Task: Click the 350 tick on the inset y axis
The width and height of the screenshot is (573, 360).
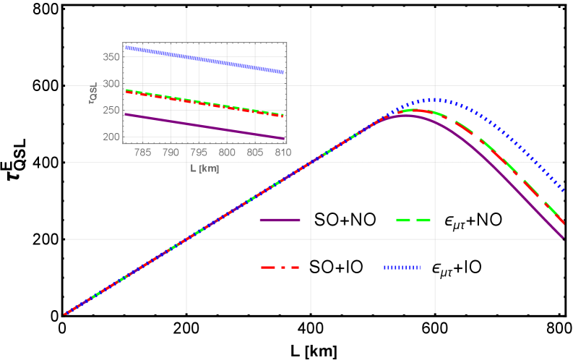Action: [x=111, y=57]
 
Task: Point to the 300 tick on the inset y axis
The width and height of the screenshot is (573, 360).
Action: [x=111, y=84]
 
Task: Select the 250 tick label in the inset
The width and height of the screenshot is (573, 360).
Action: [x=111, y=111]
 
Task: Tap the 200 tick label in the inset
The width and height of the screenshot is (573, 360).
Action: [x=111, y=137]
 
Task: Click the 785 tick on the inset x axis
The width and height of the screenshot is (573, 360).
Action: [x=143, y=153]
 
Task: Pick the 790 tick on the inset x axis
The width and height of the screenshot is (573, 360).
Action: [x=171, y=153]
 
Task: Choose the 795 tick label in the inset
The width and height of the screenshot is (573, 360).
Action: [x=199, y=153]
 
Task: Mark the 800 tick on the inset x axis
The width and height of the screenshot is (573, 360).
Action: [x=227, y=153]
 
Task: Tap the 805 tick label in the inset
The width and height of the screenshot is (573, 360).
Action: [x=255, y=153]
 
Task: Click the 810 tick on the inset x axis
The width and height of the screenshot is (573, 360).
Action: [x=283, y=153]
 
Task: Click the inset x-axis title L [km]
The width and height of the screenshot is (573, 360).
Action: [x=204, y=168]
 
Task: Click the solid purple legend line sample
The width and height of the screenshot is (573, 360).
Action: [x=280, y=220]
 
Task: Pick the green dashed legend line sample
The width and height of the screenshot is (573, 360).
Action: [x=413, y=220]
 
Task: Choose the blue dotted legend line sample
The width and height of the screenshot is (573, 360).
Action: [x=402, y=267]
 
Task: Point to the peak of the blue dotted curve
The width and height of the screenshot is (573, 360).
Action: [x=434, y=100]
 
